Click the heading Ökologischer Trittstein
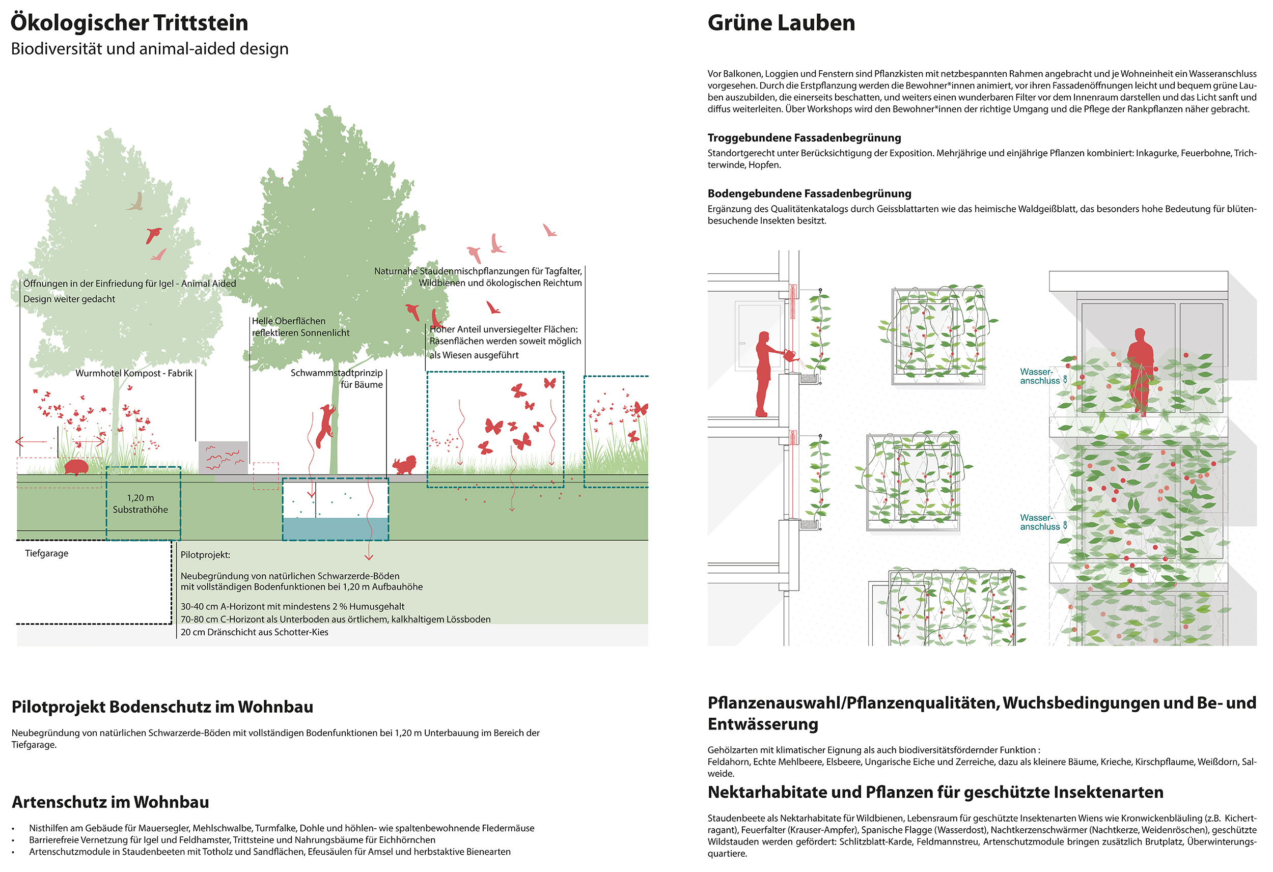(129, 23)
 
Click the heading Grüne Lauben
(781, 23)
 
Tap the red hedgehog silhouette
(75, 467)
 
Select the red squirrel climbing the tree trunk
(326, 425)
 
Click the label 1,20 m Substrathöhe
(140, 503)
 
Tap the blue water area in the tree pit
(335, 528)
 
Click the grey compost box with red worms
(223, 457)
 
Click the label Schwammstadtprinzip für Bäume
(337, 379)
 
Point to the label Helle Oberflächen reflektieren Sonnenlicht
(300, 327)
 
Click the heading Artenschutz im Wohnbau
(110, 802)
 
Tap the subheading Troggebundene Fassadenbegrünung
(804, 137)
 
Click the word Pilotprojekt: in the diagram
(205, 555)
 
